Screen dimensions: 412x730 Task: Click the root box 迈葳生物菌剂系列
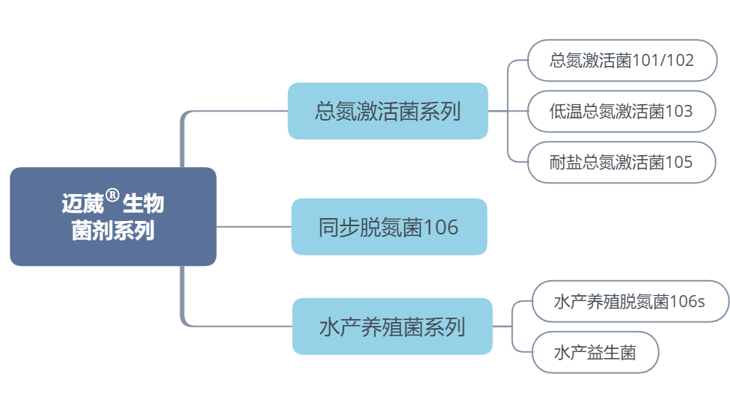[113, 216]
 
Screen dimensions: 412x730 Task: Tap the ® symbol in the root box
[112, 196]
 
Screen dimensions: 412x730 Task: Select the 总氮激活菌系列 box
[387, 112]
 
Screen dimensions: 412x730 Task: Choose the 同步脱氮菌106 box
[389, 226]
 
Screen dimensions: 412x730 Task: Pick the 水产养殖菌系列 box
[392, 327]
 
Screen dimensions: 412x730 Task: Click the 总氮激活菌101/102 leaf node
[622, 61]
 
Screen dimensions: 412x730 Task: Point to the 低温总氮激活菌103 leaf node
[622, 112]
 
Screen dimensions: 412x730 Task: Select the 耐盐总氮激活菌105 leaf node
[622, 162]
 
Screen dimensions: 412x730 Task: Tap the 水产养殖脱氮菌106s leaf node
[630, 302]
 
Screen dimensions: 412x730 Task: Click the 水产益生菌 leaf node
[595, 352]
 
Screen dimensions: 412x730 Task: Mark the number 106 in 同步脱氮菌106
[441, 227]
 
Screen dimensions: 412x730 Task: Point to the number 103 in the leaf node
[678, 112]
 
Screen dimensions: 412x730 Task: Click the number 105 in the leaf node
[678, 162]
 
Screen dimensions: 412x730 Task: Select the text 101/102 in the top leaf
[663, 61]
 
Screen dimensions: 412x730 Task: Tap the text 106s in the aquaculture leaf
[687, 302]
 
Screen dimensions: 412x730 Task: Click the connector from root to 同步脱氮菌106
[254, 226]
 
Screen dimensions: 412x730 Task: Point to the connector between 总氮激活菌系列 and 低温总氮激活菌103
[508, 112]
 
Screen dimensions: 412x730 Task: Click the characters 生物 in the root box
[144, 204]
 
